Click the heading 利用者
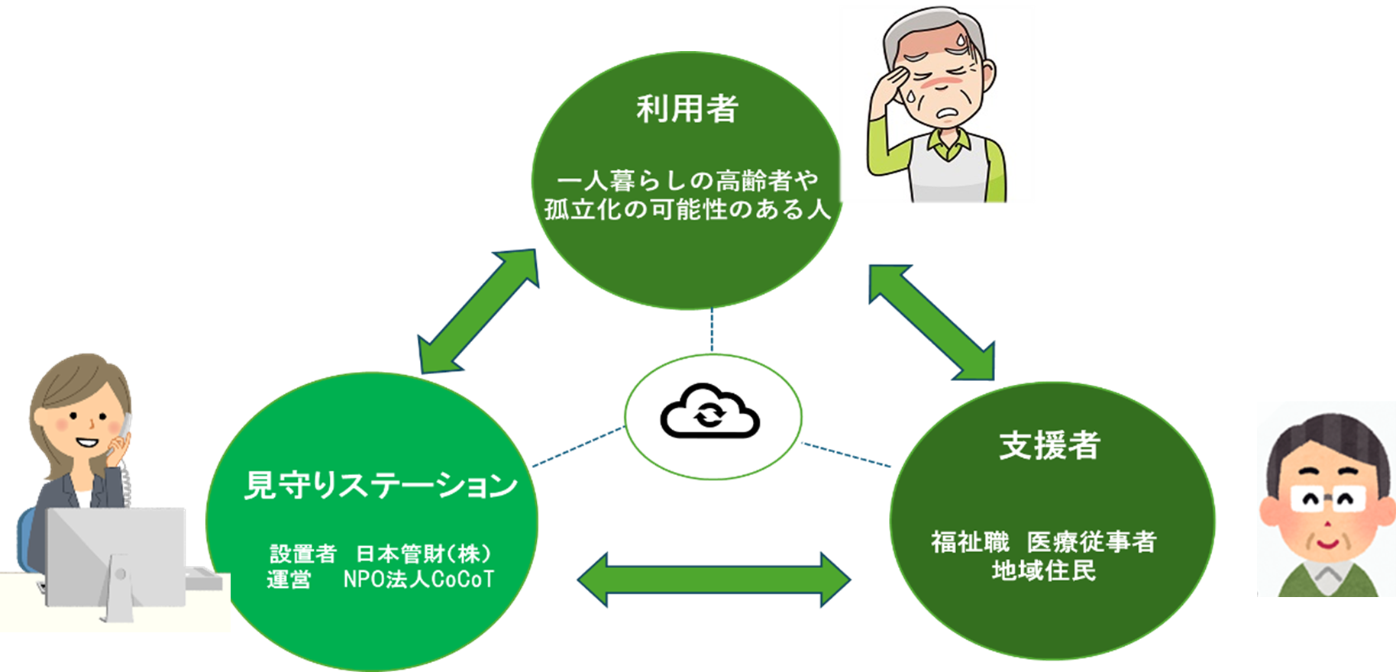tap(687, 109)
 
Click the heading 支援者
tap(1049, 446)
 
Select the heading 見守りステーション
tap(380, 486)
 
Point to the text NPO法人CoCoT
tap(418, 580)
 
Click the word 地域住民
tap(1043, 570)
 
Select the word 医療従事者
tap(1091, 542)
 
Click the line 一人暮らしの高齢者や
tap(687, 181)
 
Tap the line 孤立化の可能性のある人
tap(687, 209)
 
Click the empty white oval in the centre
tap(713, 417)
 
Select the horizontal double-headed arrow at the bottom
tap(713, 580)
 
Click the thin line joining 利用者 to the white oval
tap(713, 331)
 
